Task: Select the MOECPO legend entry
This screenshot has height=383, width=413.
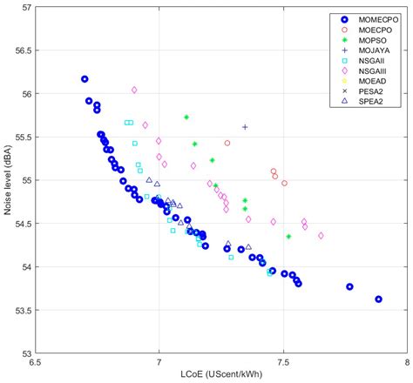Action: (366, 30)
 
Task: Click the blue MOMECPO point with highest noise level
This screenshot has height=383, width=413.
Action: (85, 79)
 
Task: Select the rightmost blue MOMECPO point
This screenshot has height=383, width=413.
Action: (378, 299)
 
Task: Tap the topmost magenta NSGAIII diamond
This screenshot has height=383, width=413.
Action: (134, 90)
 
